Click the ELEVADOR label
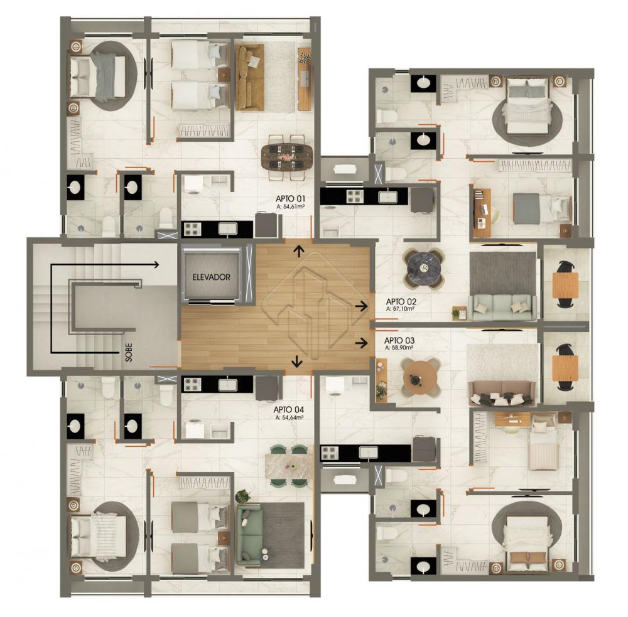click(211, 277)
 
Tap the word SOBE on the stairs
click(129, 352)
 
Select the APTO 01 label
click(290, 198)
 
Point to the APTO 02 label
click(401, 301)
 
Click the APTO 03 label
click(399, 341)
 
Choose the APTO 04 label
click(288, 410)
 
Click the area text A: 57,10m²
click(400, 309)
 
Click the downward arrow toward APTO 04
click(297, 361)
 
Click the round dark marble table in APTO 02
click(423, 268)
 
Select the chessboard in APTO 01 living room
click(305, 58)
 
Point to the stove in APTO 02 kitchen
click(354, 196)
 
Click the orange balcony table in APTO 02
click(565, 285)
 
